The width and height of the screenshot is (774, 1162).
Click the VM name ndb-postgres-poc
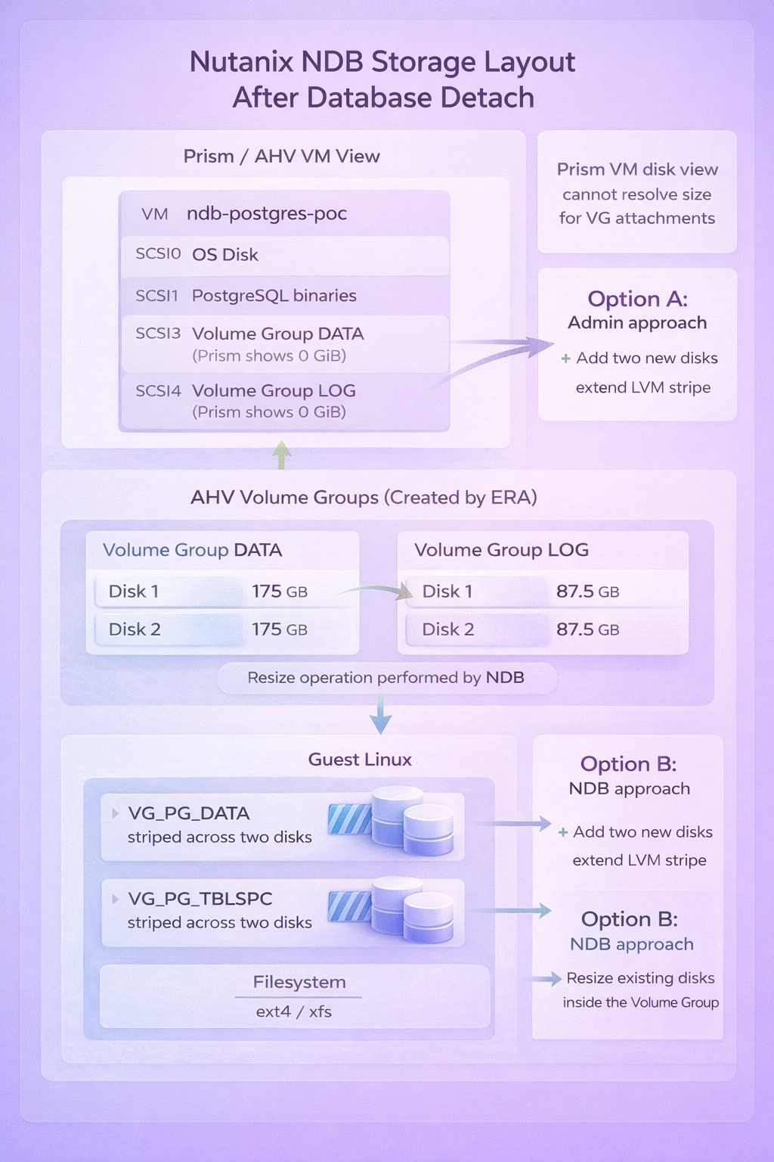tap(267, 213)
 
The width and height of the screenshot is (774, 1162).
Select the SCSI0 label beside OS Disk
tap(158, 254)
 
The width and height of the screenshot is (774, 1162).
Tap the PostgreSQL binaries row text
tap(274, 295)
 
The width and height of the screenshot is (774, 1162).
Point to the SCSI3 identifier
tap(158, 334)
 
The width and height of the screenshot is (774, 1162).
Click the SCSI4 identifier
tap(158, 391)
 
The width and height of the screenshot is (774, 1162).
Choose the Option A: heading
tap(637, 299)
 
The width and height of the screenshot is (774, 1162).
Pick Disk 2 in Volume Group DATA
tap(135, 629)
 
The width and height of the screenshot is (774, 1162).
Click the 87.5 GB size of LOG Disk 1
tap(587, 592)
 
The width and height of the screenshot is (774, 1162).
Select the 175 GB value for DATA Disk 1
tap(279, 592)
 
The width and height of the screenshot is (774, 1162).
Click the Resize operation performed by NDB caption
tap(385, 678)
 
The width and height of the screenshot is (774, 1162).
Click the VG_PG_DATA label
tap(188, 813)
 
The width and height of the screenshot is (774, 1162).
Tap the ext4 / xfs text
tap(293, 1011)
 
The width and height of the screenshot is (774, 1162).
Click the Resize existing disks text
tap(640, 978)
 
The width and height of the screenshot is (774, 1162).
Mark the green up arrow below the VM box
tap(281, 455)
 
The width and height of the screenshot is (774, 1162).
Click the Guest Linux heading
tap(360, 760)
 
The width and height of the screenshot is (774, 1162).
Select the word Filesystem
tap(299, 982)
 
